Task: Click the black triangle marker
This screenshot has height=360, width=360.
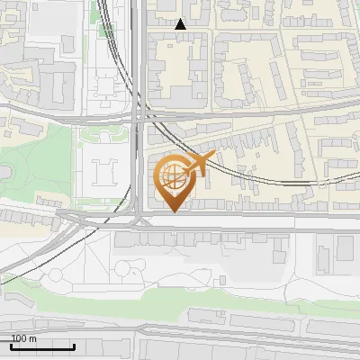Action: point(180,24)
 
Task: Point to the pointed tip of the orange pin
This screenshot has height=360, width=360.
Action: point(173,211)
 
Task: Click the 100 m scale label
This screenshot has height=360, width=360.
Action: point(23,338)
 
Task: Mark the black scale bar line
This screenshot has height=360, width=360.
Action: point(42,346)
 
